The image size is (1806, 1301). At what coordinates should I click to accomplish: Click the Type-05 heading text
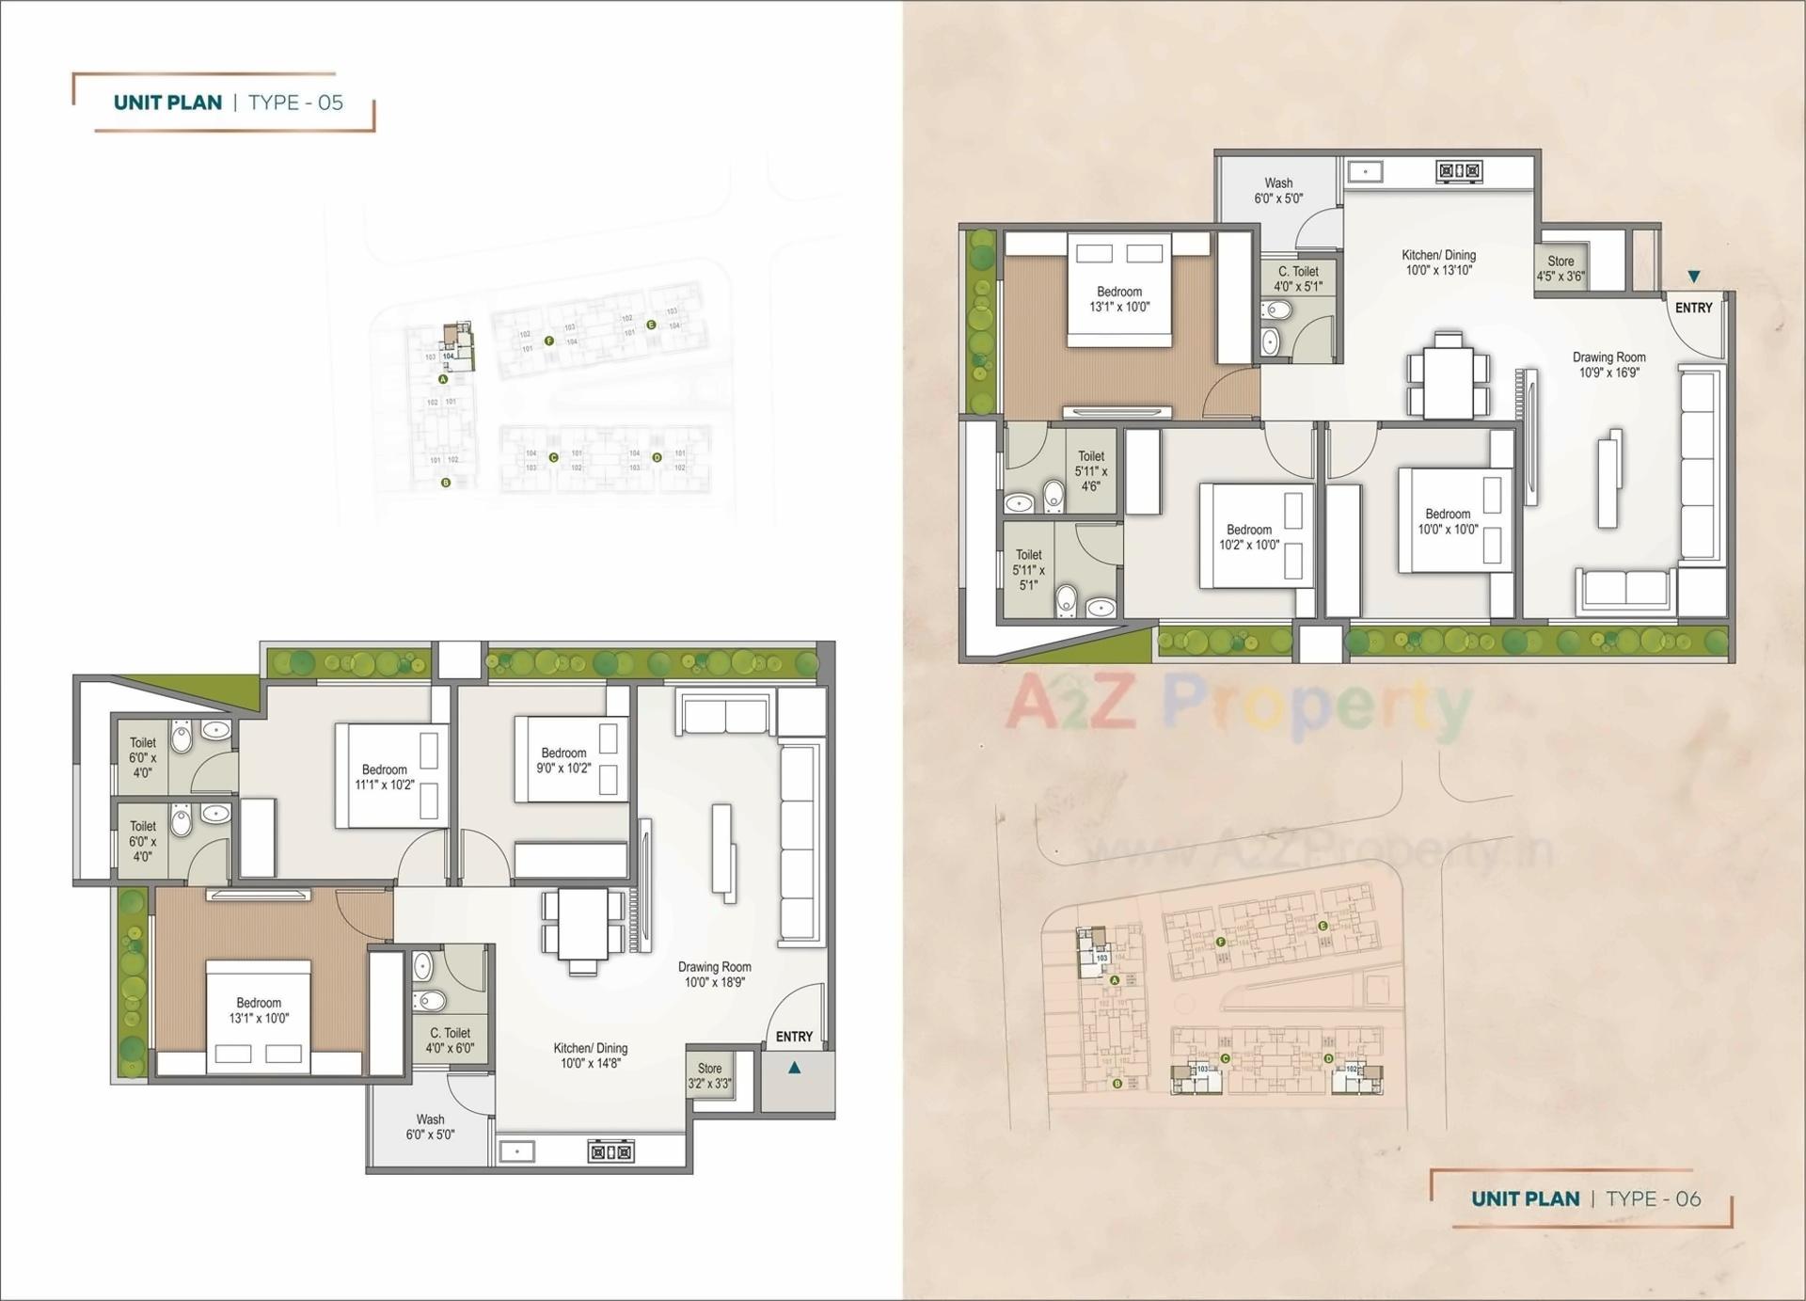(x=229, y=103)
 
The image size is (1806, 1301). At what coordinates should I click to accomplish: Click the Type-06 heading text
(x=1586, y=1198)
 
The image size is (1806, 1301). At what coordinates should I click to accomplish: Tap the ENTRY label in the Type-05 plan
(x=794, y=1036)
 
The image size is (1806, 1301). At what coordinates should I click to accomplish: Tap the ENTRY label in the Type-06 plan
(x=1693, y=308)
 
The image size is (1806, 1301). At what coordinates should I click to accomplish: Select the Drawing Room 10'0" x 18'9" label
(x=714, y=974)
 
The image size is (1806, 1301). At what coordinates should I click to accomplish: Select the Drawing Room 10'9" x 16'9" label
(x=1608, y=364)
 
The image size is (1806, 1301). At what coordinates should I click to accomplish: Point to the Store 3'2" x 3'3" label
(x=709, y=1075)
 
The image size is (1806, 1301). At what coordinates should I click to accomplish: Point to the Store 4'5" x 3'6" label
(x=1560, y=268)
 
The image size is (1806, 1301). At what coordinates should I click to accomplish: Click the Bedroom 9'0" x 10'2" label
(x=563, y=760)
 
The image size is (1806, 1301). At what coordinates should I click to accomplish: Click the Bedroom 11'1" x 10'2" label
(x=384, y=777)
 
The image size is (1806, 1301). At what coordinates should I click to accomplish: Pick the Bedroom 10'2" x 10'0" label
(x=1248, y=537)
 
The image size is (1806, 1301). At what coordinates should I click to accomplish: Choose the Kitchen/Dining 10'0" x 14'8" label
(x=591, y=1055)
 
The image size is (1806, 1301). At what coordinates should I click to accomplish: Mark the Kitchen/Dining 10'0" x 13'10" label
(x=1438, y=262)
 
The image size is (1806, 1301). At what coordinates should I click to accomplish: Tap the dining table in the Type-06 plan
(x=1448, y=373)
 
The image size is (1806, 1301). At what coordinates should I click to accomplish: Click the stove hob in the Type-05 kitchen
(x=610, y=1150)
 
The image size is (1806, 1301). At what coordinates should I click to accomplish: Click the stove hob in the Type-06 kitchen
(x=1459, y=171)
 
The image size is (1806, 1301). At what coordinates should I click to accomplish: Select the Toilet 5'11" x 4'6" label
(x=1090, y=470)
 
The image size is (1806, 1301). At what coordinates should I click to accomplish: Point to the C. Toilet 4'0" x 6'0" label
(x=450, y=1039)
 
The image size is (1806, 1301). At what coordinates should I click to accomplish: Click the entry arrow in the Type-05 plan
(x=795, y=1068)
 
